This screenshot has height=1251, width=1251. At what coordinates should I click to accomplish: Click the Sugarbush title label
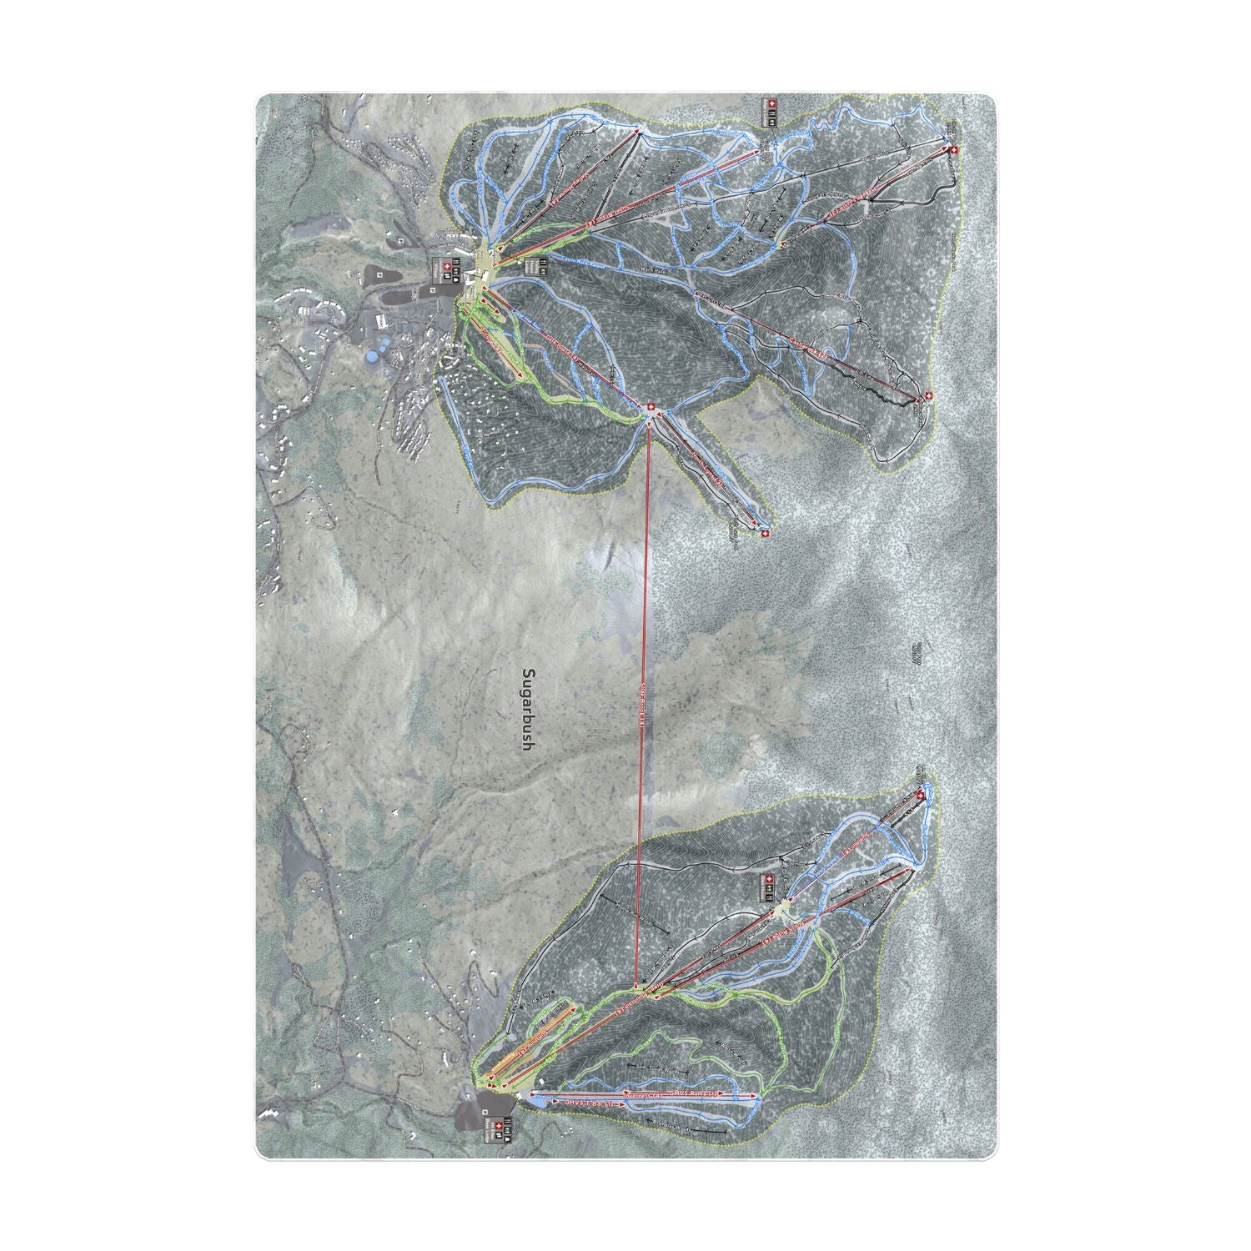[x=526, y=709]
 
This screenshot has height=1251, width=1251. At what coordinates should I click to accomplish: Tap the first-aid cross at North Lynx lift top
[x=763, y=531]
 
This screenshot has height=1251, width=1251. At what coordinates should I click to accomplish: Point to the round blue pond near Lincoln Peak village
[x=369, y=356]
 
